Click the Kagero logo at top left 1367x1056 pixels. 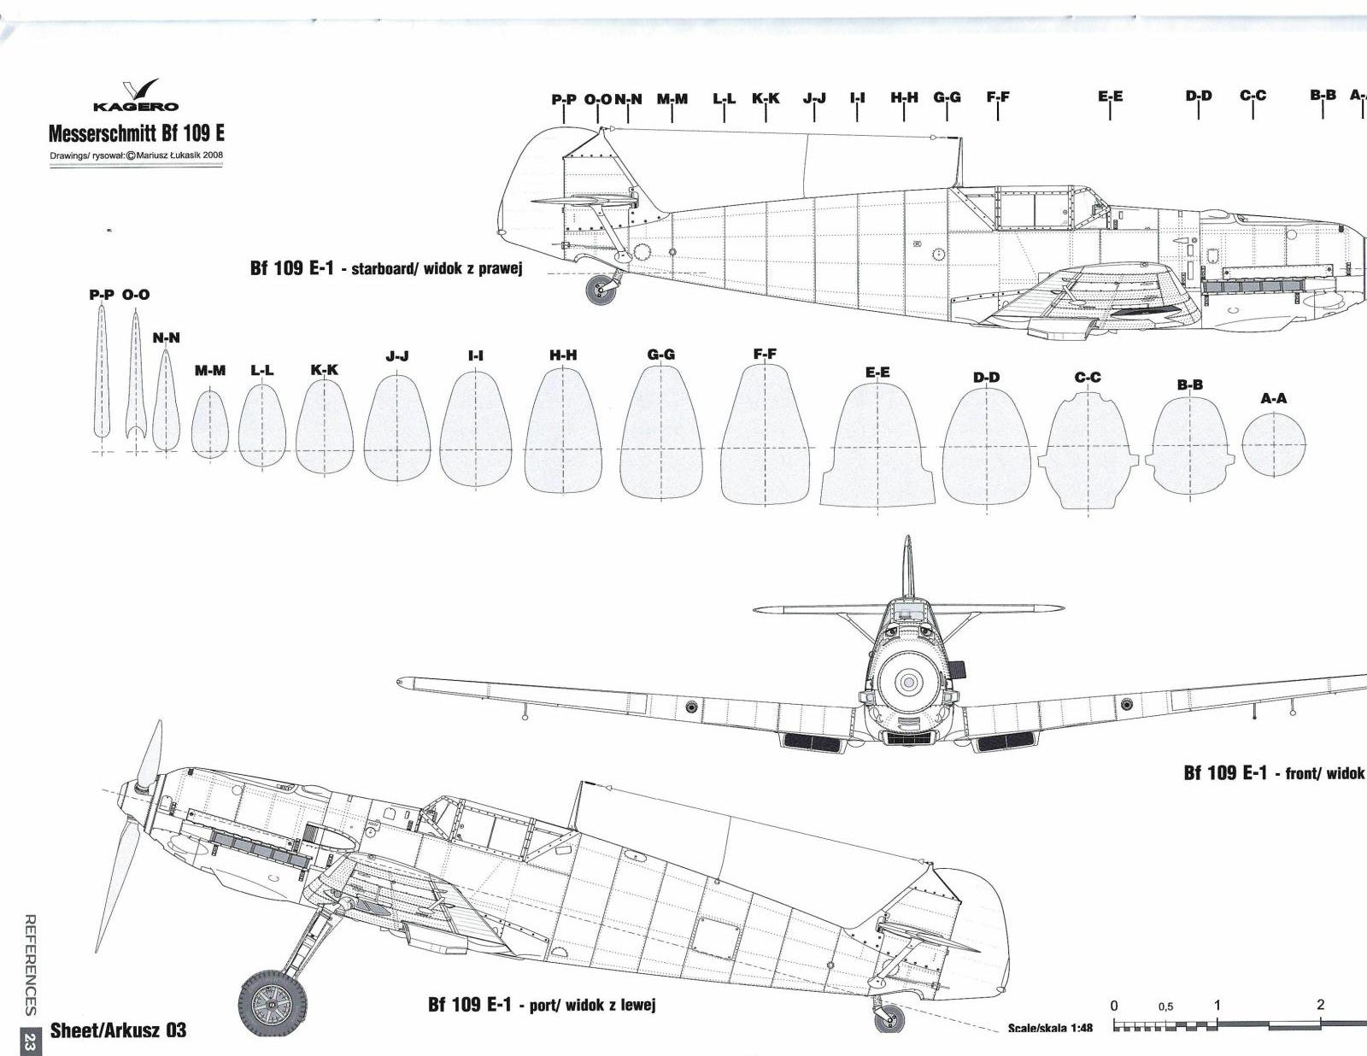[137, 96]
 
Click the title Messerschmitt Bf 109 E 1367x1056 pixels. [137, 133]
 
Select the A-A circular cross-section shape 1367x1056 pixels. [1273, 444]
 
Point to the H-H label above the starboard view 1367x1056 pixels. [904, 97]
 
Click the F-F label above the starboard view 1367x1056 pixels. [997, 97]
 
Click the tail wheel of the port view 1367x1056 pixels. [889, 1018]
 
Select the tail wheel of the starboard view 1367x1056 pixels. [601, 290]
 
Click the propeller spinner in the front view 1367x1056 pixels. [908, 682]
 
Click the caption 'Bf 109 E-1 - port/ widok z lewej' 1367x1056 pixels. [541, 1005]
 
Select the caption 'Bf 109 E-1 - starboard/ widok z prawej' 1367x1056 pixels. [385, 268]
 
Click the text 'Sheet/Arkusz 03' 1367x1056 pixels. [118, 1030]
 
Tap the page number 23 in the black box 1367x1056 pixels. [30, 1042]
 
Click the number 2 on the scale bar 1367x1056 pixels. [1320, 1005]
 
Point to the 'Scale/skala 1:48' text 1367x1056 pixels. [1049, 1028]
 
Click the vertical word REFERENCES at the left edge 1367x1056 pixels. [30, 964]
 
